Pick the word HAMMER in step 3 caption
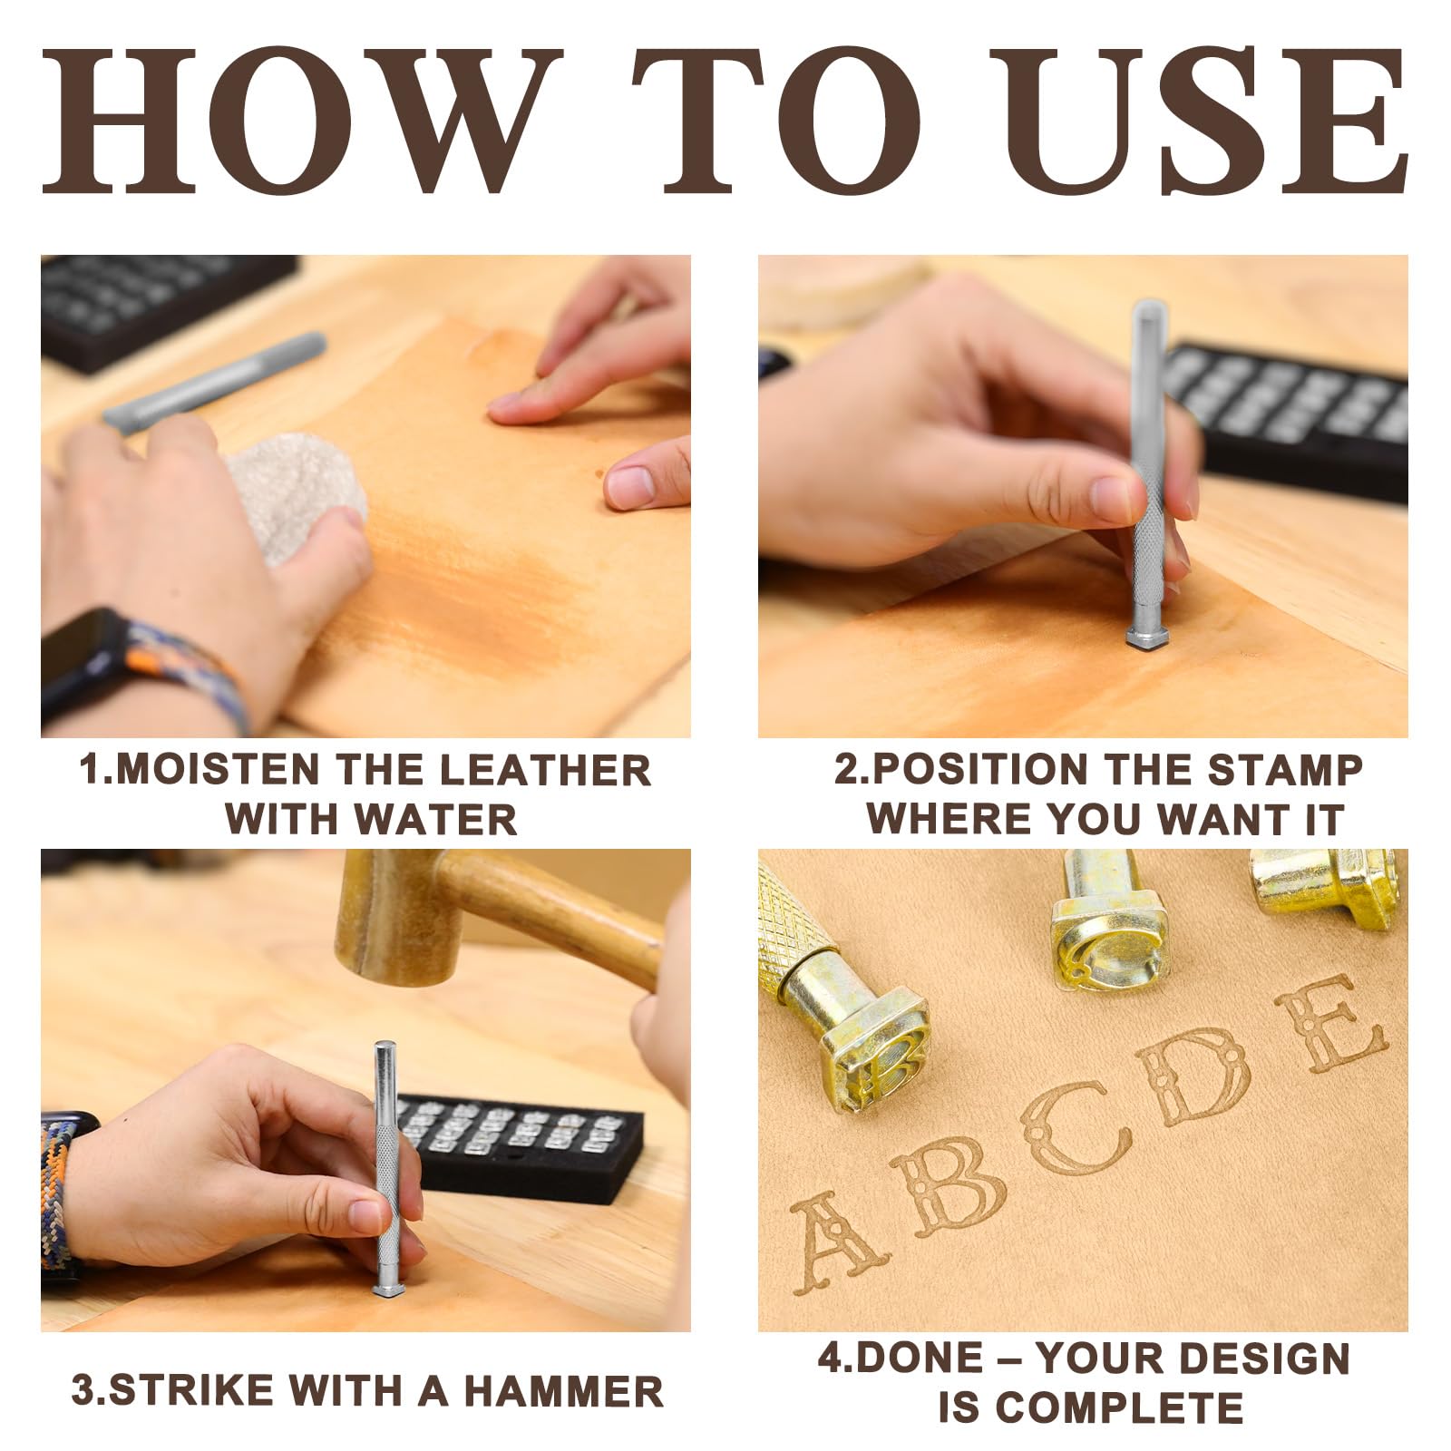point(563,1391)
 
